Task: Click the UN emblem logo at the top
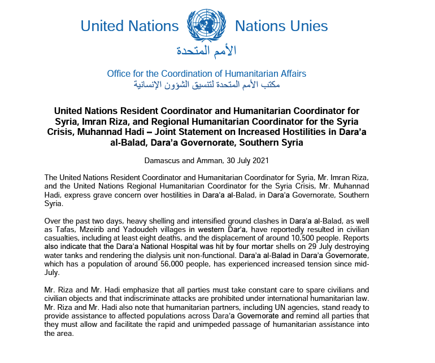click(206, 26)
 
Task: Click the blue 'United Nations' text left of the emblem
click(129, 26)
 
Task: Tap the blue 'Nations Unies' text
click(281, 26)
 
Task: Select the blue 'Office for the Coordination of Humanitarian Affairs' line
click(206, 74)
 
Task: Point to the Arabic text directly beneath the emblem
click(207, 51)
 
